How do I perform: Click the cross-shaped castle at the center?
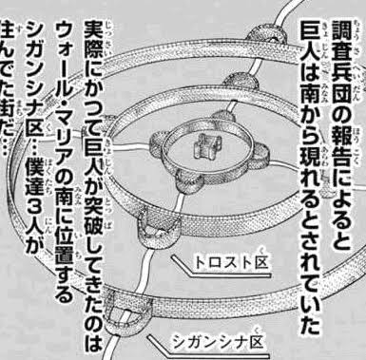[205, 146]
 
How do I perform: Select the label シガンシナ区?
[219, 341]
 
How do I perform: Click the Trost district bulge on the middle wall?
[154, 228]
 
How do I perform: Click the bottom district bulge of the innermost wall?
[188, 183]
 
